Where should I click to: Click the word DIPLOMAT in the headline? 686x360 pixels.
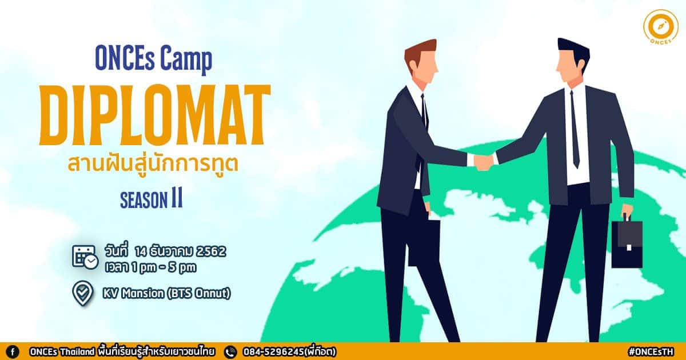tap(155, 115)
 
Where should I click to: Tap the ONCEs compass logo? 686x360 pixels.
tap(661, 27)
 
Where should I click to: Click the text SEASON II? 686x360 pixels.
tap(151, 199)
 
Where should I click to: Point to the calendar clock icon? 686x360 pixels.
tap(85, 258)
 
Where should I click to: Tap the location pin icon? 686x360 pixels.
tap(83, 293)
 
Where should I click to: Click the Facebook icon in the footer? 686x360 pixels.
tap(13, 352)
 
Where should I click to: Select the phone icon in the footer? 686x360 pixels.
tap(230, 352)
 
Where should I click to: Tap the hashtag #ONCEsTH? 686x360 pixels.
tap(651, 352)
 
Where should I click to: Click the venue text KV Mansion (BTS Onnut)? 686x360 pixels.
tap(166, 294)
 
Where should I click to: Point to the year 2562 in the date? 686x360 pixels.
tap(211, 251)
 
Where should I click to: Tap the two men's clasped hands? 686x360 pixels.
tap(484, 162)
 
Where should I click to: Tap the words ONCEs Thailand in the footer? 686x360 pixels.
tap(62, 352)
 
